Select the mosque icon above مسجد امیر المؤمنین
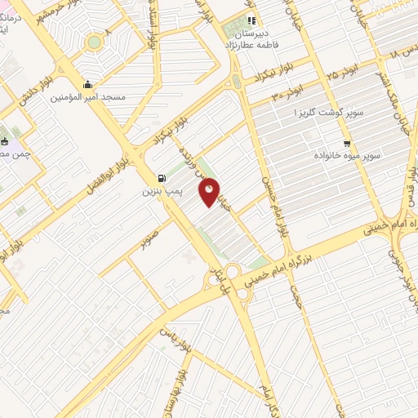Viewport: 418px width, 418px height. coord(87,85)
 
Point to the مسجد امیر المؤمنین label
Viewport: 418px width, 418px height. coord(87,97)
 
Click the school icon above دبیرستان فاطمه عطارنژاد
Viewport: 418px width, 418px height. coord(252,20)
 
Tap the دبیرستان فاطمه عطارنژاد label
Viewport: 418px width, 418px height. coord(252,38)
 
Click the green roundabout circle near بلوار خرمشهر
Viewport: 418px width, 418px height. coord(94,41)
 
